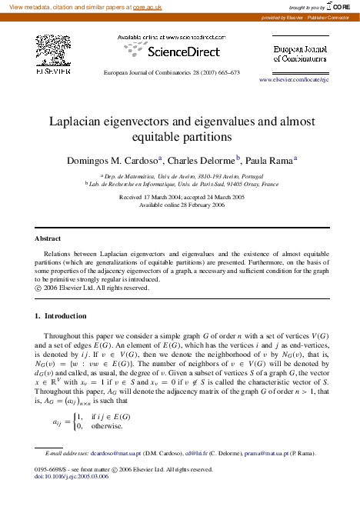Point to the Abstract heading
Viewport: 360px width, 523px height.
(x=49, y=238)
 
